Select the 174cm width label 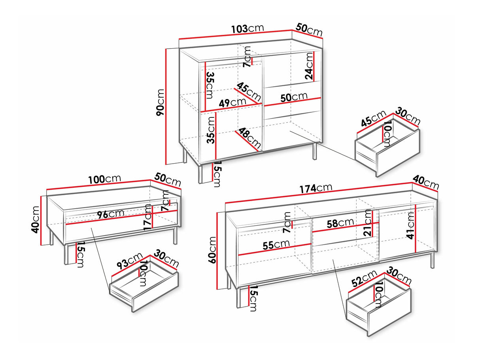[316, 188]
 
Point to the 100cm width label [104, 179]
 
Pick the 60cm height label [212, 250]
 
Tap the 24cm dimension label [309, 66]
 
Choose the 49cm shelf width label [232, 102]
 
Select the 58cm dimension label [340, 223]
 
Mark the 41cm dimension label [411, 225]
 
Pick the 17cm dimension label [147, 217]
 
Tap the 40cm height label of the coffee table [36, 220]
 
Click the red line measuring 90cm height [166, 106]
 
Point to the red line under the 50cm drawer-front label [293, 102]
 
